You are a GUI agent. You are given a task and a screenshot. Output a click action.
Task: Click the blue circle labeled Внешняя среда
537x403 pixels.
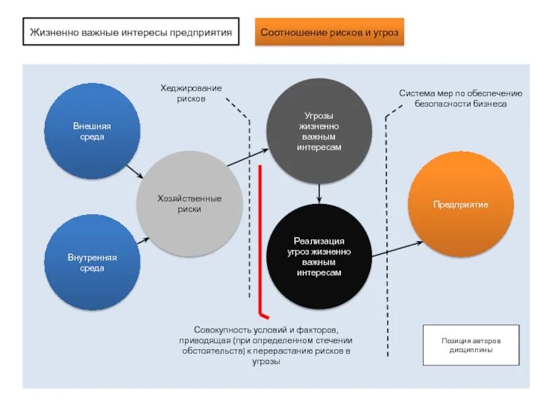[92, 131]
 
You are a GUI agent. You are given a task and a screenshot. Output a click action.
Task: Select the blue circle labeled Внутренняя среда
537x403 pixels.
[92, 262]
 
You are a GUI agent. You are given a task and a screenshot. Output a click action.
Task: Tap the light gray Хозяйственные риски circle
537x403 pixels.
[189, 203]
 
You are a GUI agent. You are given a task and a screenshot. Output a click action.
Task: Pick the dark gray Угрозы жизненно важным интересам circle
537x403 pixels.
[319, 131]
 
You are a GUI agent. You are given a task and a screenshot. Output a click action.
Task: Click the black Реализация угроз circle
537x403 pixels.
[319, 257]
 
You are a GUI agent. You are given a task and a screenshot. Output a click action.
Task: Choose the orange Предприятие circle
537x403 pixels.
[460, 204]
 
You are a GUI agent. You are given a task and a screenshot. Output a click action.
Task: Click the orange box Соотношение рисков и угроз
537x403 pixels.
[330, 32]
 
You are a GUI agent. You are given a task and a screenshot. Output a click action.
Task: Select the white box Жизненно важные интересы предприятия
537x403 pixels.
[131, 32]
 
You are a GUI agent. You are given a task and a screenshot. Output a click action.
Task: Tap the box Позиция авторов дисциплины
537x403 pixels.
[471, 345]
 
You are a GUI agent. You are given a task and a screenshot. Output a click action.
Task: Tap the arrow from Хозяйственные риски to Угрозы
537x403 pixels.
[247, 159]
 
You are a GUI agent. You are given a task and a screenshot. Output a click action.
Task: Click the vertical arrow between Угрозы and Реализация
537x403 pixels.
[319, 193]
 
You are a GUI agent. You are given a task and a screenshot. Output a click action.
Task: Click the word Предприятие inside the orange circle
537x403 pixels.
[460, 204]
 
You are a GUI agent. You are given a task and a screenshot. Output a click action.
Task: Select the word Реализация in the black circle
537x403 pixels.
[319, 241]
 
